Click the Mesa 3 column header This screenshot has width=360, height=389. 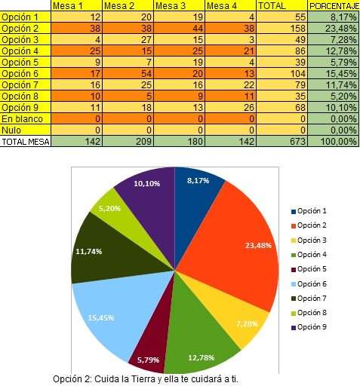click(179, 5)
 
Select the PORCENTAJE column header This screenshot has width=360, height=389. click(334, 5)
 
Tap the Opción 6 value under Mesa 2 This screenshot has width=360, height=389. click(128, 73)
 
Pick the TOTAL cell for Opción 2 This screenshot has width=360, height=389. click(282, 28)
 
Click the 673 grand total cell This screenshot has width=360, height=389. click(282, 141)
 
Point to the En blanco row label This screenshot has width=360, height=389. click(23, 119)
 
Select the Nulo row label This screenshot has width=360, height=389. click(11, 130)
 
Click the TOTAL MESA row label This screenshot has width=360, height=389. click(26, 142)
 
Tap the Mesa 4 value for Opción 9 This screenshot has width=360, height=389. click(230, 107)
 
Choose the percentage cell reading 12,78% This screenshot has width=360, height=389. click(334, 51)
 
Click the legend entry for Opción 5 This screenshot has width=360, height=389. click(309, 269)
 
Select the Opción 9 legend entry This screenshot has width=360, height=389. click(309, 327)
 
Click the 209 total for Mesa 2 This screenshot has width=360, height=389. click(128, 141)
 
